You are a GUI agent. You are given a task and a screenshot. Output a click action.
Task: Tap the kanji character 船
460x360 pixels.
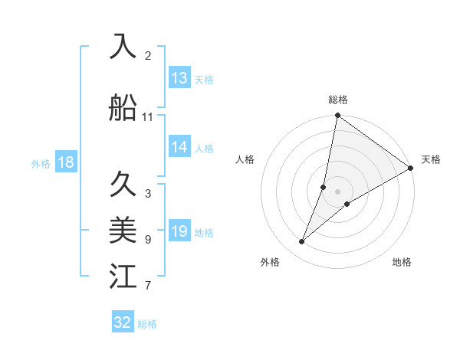tap(123, 107)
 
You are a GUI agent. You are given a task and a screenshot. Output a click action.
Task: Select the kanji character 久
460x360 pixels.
tap(123, 185)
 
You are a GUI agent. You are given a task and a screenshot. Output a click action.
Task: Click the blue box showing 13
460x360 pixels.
tap(179, 78)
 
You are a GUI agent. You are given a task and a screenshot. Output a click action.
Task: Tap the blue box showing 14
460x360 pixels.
tap(179, 148)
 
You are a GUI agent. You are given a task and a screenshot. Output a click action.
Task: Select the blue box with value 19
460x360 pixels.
tap(179, 232)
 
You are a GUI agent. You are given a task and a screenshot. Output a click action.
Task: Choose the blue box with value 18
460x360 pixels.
tap(65, 162)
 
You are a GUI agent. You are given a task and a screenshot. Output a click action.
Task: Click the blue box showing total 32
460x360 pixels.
tap(123, 322)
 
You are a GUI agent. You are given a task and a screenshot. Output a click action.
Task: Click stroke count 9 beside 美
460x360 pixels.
tap(148, 240)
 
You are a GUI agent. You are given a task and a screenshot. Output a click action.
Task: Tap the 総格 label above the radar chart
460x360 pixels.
tap(338, 100)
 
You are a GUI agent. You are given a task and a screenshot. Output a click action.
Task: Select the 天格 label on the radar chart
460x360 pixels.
tap(431, 159)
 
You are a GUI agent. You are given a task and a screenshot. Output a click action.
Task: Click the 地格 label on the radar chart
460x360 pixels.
tap(402, 262)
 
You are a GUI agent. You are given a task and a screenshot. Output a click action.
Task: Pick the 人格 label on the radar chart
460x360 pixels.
tap(245, 159)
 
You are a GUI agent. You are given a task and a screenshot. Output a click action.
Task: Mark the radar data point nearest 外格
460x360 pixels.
tap(302, 242)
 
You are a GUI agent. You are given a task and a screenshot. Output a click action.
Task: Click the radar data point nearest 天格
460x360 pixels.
tap(410, 168)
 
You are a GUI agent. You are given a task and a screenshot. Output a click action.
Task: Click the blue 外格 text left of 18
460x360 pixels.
tap(40, 163)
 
